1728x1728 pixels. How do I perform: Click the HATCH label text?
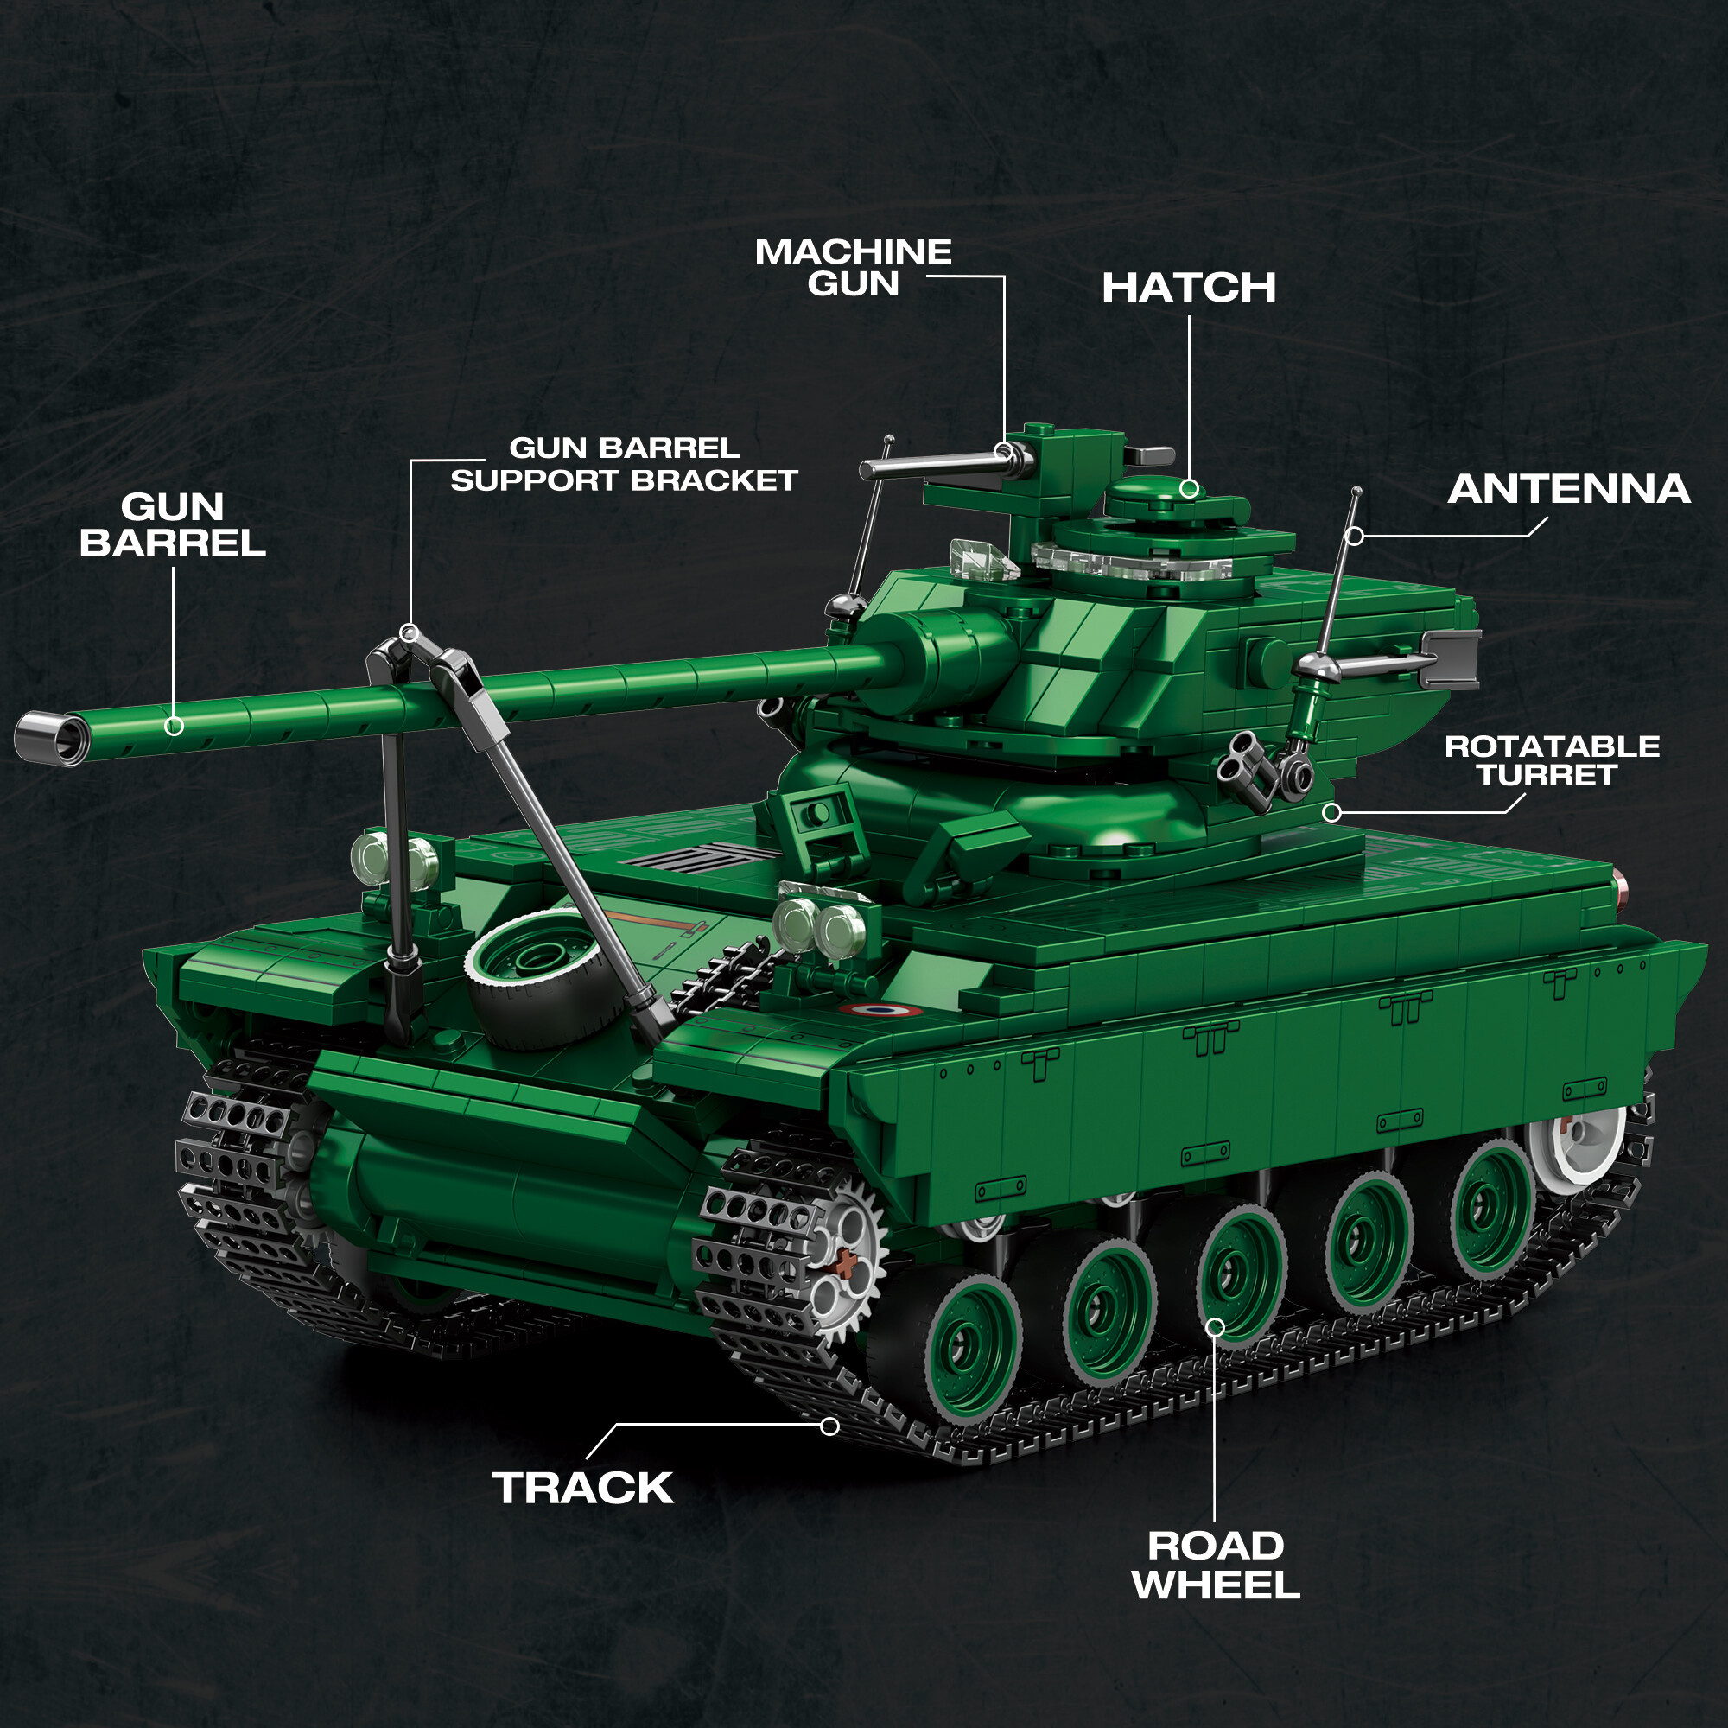point(1189,288)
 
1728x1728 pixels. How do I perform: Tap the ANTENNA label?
point(1569,489)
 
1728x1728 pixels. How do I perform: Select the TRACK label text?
point(583,1489)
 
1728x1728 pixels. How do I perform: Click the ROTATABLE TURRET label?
point(1552,761)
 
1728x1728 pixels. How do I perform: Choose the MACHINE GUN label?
point(854,268)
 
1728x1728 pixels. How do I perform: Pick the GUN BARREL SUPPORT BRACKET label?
point(625,464)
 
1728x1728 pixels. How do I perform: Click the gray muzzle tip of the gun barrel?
point(50,737)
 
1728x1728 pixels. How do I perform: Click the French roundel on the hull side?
point(880,1011)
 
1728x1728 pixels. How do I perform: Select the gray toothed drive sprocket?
point(839,1255)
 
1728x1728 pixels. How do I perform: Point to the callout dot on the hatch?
point(1189,488)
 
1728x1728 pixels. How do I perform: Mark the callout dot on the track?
point(830,1426)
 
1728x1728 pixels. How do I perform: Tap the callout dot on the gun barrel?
point(175,727)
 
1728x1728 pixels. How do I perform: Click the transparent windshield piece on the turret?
point(984,561)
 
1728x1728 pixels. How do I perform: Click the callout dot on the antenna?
point(1355,536)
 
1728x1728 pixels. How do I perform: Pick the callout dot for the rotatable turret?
point(1331,812)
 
